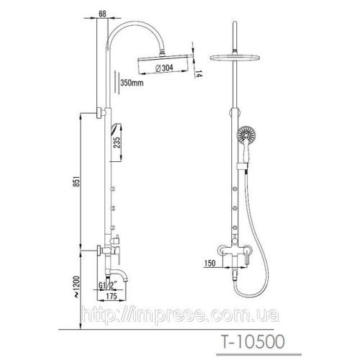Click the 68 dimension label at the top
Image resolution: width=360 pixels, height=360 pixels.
(102, 14)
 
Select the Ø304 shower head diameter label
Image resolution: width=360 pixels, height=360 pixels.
(164, 68)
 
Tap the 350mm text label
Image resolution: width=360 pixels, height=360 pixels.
(132, 83)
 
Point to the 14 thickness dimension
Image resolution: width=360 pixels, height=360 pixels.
(199, 73)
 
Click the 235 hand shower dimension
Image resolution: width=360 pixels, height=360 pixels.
(117, 143)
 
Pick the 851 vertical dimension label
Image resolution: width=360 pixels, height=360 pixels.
(76, 181)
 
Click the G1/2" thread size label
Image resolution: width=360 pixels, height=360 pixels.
(107, 286)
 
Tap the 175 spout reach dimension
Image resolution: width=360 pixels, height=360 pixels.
(112, 296)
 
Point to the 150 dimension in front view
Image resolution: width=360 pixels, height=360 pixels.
(210, 264)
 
